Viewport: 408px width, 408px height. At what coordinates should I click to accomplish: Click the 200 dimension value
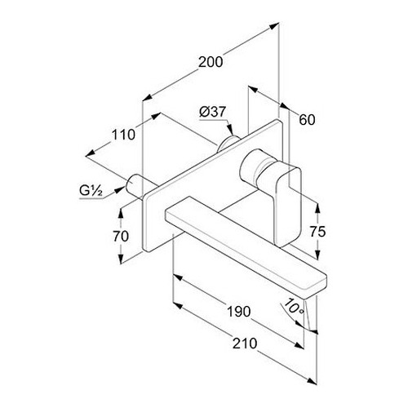click(x=211, y=62)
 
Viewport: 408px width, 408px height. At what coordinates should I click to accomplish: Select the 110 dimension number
click(x=123, y=135)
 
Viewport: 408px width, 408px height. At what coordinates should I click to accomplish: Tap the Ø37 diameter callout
click(x=213, y=112)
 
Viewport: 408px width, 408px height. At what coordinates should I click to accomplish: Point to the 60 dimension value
click(x=307, y=120)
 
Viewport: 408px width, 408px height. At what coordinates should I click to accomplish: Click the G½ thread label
click(x=91, y=191)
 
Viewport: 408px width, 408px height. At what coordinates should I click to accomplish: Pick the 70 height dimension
click(x=121, y=237)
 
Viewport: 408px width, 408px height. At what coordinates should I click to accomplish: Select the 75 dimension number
click(x=317, y=232)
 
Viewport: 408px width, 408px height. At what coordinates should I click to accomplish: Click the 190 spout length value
click(x=238, y=312)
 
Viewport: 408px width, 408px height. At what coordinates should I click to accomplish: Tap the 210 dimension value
click(x=245, y=344)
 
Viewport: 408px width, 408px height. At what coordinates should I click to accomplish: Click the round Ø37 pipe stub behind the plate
click(x=228, y=144)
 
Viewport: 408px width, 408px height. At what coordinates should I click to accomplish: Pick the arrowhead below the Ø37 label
click(x=231, y=130)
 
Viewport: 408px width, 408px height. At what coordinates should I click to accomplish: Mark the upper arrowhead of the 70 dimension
click(x=121, y=213)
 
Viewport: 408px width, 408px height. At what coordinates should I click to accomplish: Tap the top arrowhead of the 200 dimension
click(x=274, y=26)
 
